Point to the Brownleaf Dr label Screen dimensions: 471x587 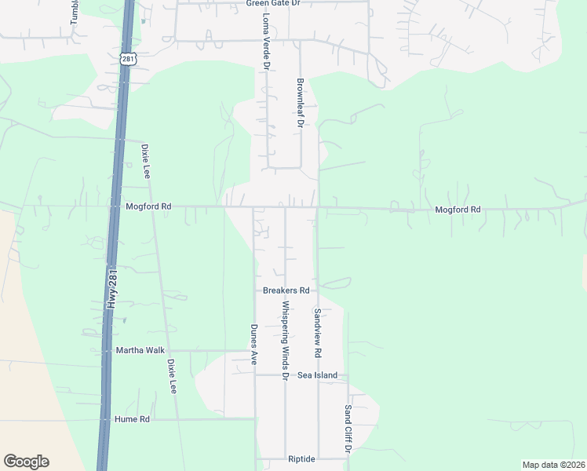(299, 102)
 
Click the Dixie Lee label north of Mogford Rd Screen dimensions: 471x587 (145, 161)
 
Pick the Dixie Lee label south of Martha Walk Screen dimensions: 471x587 (171, 376)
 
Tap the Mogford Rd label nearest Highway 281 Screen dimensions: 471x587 (148, 206)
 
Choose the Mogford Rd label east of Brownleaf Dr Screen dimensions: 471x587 (458, 210)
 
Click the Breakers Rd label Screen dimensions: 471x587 (286, 290)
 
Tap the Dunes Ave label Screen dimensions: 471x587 (253, 345)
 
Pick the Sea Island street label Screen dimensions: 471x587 (317, 375)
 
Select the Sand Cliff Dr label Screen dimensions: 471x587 (348, 429)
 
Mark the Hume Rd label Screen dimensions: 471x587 (132, 419)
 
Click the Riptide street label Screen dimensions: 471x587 (301, 458)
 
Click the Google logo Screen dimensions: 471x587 (26, 462)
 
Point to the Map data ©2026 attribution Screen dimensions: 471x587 (552, 465)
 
